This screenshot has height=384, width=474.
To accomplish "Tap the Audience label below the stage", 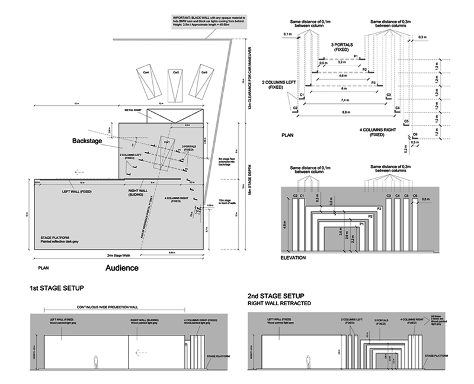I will tap(122, 268).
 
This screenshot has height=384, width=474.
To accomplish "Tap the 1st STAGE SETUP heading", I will tap(57, 288).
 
